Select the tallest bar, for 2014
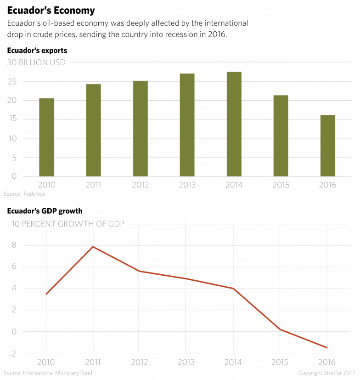point(234,124)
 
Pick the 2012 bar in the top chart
point(141,129)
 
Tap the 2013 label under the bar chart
point(187,185)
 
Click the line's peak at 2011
point(94,247)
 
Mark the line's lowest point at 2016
point(327,348)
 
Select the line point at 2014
point(234,289)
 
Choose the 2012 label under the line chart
point(141,362)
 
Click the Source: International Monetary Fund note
point(48,373)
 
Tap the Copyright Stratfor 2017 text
point(327,373)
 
